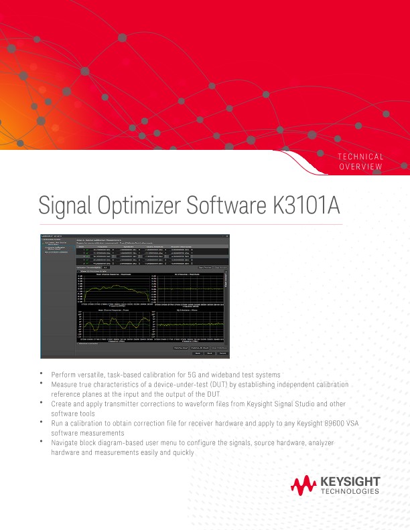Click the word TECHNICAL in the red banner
[360, 157]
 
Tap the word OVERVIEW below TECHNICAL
[362, 166]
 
